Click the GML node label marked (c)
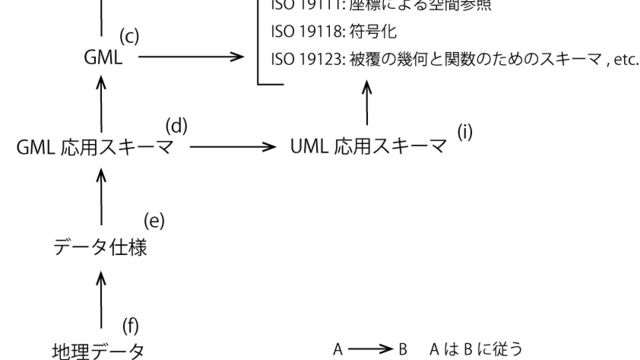[103, 58]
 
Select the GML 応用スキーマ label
[95, 148]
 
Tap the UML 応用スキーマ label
[369, 148]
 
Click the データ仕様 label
[100, 248]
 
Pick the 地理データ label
[98, 350]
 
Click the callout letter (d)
[177, 126]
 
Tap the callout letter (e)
[153, 220]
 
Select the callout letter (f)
[131, 325]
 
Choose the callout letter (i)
[466, 131]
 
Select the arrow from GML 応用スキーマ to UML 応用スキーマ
[232, 148]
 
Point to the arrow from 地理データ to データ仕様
[100, 298]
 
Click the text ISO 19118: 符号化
[320, 32]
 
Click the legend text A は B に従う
[474, 350]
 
